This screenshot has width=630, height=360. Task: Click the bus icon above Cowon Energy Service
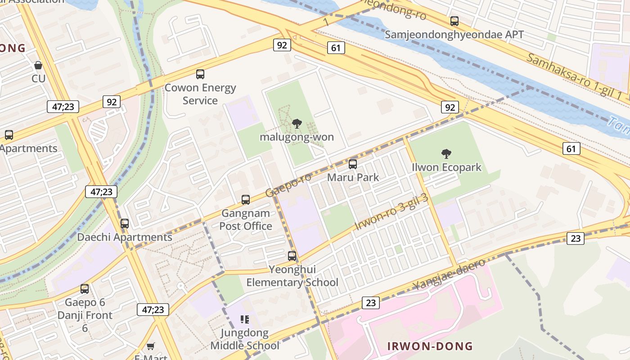click(x=200, y=74)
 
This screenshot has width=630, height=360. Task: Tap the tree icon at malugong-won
click(x=297, y=124)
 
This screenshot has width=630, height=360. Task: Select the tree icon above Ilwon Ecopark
click(x=446, y=154)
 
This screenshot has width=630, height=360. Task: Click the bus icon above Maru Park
click(x=353, y=164)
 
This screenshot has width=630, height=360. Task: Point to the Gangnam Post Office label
click(x=246, y=220)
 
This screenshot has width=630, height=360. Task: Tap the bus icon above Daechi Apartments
click(x=125, y=223)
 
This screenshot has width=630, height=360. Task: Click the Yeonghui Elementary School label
click(x=292, y=276)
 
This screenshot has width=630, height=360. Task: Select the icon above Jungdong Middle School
click(x=245, y=319)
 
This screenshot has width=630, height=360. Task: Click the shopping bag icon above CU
click(x=38, y=65)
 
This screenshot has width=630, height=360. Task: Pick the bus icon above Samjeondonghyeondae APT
click(x=454, y=21)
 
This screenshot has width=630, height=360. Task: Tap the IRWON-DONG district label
click(x=430, y=346)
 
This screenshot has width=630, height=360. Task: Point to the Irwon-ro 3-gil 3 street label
click(x=391, y=212)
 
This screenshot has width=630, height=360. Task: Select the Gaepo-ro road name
click(x=288, y=184)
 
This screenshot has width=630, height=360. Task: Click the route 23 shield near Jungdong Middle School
click(x=370, y=303)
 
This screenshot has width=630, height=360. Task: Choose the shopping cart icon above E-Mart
click(x=151, y=346)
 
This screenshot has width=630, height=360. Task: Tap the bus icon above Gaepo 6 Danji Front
click(x=85, y=289)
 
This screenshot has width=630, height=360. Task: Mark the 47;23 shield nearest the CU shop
click(x=63, y=107)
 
